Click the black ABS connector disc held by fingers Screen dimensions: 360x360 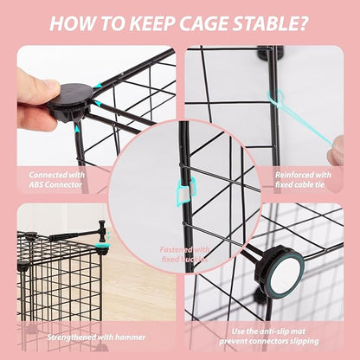tap(70, 101)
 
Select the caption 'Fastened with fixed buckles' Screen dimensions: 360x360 tap(181, 253)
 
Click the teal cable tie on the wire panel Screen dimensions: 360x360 tap(280, 103)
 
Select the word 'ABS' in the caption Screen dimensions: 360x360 tap(43, 183)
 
